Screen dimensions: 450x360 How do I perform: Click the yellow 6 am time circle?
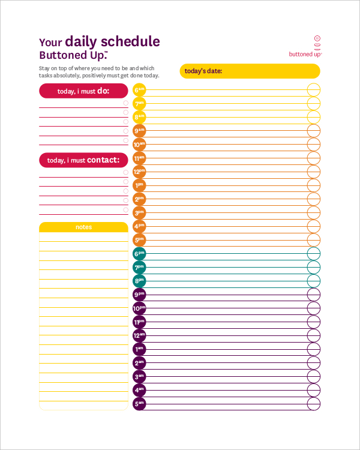point(139,90)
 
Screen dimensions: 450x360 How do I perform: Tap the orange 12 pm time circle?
point(139,172)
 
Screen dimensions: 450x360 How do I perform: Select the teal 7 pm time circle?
point(139,267)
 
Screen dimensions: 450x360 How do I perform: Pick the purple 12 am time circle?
point(139,335)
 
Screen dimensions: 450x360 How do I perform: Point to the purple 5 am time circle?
point(139,404)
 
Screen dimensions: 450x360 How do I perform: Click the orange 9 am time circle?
point(139,131)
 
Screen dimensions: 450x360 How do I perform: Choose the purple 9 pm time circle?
point(139,295)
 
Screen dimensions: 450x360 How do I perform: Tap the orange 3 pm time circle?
point(139,212)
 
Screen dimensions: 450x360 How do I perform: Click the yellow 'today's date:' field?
point(250,71)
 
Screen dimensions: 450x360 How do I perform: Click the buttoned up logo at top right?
point(305,46)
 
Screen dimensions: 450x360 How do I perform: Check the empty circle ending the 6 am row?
point(314,90)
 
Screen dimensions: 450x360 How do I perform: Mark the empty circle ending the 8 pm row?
point(314,281)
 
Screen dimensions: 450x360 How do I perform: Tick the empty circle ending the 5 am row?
point(314,404)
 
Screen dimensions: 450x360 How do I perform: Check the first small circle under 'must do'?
point(125,103)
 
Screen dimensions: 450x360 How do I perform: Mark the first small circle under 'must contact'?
point(125,172)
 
